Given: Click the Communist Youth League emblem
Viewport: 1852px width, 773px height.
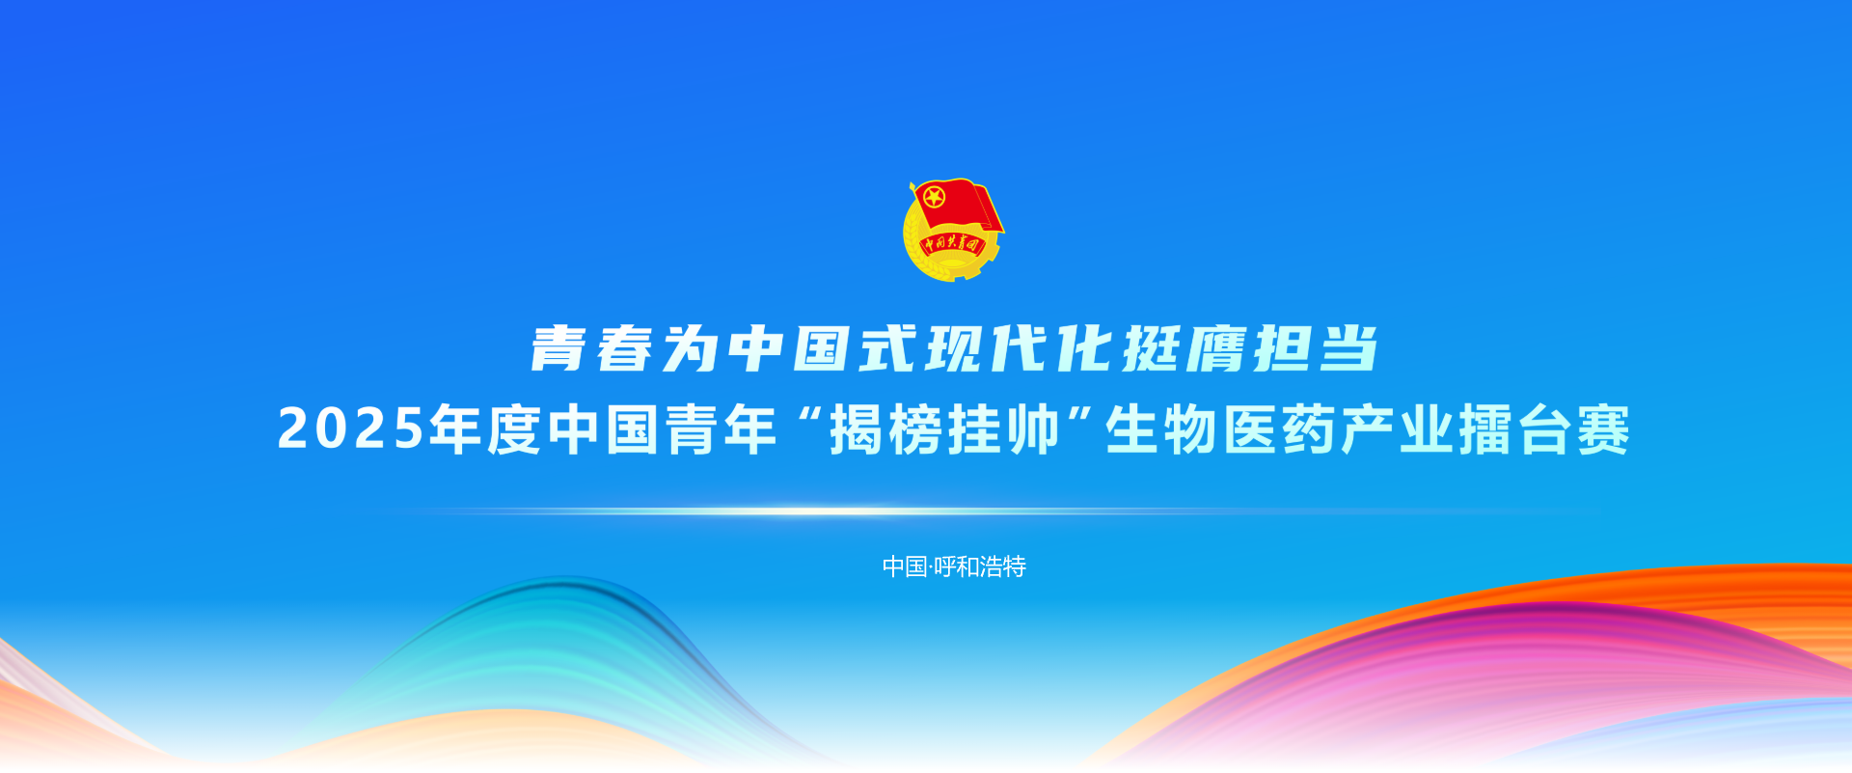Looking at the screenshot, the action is point(953,230).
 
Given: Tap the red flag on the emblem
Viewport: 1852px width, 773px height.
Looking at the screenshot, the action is point(958,206).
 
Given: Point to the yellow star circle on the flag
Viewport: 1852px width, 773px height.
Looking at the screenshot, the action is point(934,199).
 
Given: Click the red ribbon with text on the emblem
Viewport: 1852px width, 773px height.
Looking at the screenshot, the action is point(951,244).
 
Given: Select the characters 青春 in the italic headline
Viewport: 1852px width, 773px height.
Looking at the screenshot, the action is point(592,348).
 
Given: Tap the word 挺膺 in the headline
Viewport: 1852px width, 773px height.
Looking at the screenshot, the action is point(1184,348).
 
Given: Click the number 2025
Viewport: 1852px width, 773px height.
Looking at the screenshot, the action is point(351,429).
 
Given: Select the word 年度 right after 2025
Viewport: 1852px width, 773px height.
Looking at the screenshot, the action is point(485,429).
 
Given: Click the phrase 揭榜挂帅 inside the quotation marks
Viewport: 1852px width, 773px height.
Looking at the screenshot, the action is point(944,429).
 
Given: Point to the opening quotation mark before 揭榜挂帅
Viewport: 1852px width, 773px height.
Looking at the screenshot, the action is point(809,417).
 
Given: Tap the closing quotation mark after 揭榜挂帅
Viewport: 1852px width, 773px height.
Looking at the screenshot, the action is point(1080,417).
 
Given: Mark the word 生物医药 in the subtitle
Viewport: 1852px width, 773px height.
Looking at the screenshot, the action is point(1221,429).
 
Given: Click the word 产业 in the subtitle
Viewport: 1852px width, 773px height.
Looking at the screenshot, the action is point(1398,429).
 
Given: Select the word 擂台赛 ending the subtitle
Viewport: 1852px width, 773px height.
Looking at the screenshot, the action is point(1544,429).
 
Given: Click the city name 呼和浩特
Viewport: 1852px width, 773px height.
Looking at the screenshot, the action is point(980,566).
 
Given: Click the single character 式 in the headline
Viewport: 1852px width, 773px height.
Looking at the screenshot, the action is point(888,348).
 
